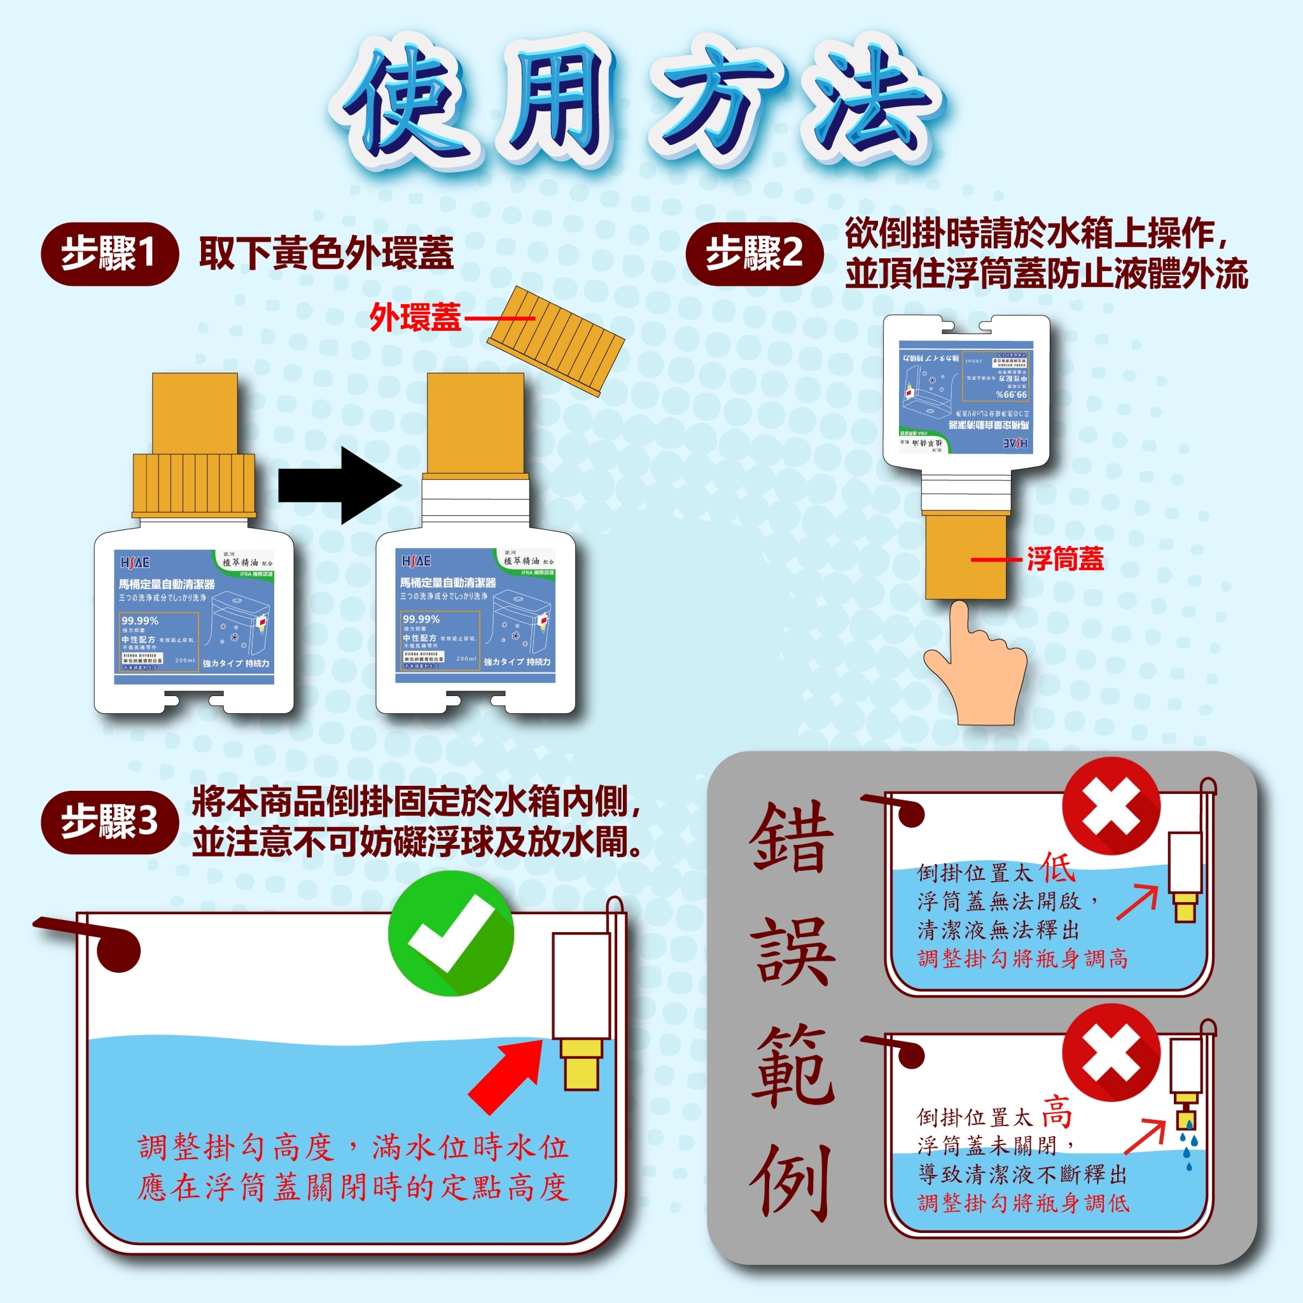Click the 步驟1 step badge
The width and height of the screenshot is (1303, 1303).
tap(109, 254)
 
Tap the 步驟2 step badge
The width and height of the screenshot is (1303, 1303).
tap(754, 254)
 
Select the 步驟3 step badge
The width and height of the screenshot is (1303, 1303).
tap(110, 822)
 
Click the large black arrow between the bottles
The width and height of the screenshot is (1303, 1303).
tap(340, 485)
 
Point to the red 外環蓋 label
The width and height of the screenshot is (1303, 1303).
tap(415, 317)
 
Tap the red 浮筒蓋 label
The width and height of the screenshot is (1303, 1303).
tap(1066, 559)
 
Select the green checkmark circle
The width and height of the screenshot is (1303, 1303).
tap(450, 933)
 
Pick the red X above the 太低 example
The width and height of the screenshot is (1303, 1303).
tap(1111, 807)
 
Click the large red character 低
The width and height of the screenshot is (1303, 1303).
tap(1057, 868)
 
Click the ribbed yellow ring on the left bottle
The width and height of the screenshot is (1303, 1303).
tap(194, 485)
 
